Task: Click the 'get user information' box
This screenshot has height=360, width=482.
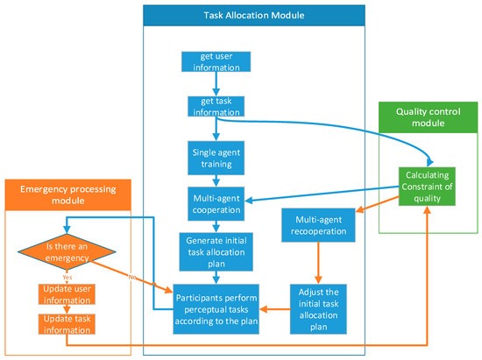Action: [216, 61]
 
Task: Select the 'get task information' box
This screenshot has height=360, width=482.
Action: [215, 106]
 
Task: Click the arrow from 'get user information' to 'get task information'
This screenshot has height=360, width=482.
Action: [215, 84]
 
